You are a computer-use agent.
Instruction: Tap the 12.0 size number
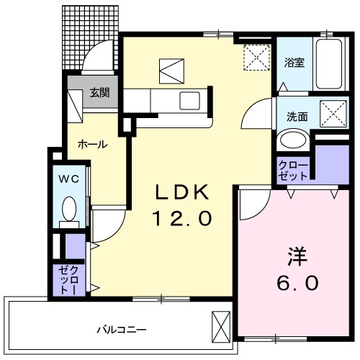[x=182, y=217]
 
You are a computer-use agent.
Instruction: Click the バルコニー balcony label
[x=122, y=330]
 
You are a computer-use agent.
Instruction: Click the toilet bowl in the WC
[x=69, y=210]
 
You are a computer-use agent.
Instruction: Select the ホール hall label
[x=93, y=145]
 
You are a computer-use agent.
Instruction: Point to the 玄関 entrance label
[x=99, y=93]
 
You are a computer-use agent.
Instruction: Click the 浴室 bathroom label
[x=294, y=62]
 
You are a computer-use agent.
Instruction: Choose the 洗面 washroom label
[x=297, y=116]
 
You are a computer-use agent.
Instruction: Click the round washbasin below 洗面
[x=292, y=140]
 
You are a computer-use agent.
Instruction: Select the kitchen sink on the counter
[x=190, y=99]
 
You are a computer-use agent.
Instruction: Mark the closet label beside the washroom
[x=294, y=169]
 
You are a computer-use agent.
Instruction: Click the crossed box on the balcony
[x=220, y=328]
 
